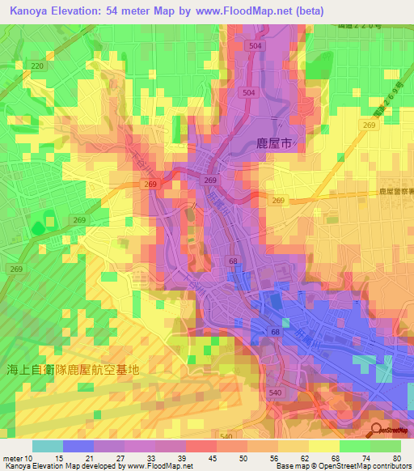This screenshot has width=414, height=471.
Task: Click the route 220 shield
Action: point(36,65)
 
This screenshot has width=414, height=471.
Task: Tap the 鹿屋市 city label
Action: point(272,142)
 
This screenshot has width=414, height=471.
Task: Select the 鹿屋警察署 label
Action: point(395,191)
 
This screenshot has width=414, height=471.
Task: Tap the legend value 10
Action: point(29,459)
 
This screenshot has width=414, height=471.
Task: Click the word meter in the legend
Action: point(12,459)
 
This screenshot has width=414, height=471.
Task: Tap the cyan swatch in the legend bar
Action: point(47,446)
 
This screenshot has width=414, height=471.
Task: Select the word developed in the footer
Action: point(102,467)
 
